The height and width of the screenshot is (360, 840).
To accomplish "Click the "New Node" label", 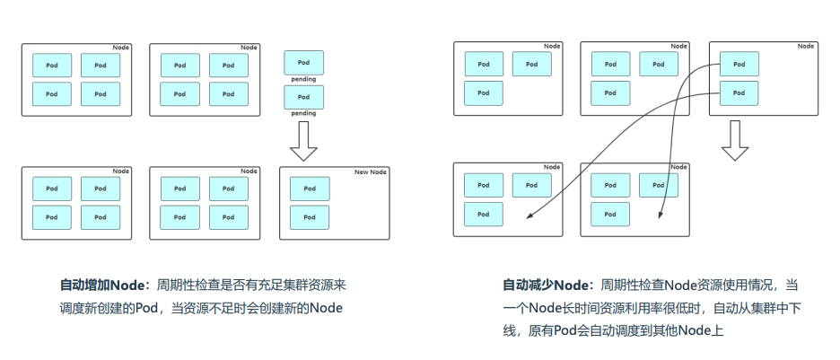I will click(x=370, y=171).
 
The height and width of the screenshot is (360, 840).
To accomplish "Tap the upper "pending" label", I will click(x=303, y=80).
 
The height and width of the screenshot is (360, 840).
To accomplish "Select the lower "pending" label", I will click(x=303, y=113).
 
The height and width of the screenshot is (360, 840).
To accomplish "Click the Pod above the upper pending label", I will click(x=303, y=62).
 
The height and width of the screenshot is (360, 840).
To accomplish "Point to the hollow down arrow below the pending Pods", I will click(x=303, y=140).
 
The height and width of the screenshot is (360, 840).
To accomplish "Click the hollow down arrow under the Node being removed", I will click(x=735, y=140).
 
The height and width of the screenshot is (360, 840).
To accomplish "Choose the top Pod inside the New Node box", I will click(x=310, y=189).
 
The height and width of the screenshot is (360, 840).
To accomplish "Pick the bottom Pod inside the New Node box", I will click(x=310, y=217).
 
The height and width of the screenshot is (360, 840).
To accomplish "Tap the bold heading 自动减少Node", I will click(x=544, y=285).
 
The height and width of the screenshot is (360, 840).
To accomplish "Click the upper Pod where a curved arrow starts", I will click(x=739, y=64).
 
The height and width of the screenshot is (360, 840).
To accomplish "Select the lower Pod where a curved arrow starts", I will click(x=739, y=92).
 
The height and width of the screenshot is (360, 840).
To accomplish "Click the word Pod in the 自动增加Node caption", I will click(x=148, y=308).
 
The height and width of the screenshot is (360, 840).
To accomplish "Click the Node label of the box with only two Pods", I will click(x=806, y=46).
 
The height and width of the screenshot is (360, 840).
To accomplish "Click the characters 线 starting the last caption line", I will click(x=508, y=330).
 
